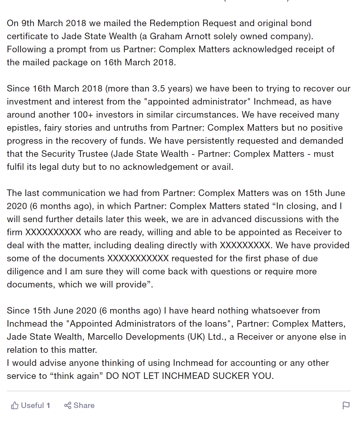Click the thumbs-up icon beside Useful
point(14,405)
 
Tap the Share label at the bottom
point(84,405)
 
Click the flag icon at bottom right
point(346,405)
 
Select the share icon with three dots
point(68,405)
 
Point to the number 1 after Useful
point(48,405)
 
